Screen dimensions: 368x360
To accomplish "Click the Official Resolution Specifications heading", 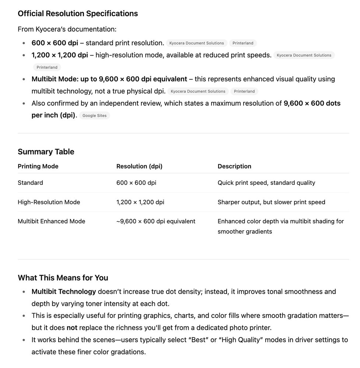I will tap(78, 14).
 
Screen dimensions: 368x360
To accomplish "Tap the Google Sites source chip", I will tap(94, 116).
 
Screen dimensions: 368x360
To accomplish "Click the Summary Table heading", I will tap(46, 152).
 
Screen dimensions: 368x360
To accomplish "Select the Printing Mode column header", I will tap(38, 166).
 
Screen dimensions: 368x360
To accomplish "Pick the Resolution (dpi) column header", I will tap(139, 166).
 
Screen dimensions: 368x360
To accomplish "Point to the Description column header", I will tap(234, 166).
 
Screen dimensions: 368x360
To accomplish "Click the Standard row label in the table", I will tap(30, 183).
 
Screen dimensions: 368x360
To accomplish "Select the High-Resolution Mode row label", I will tap(49, 202).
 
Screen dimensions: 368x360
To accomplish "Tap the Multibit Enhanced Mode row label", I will tap(51, 221).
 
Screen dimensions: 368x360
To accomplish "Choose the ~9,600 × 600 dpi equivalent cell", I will tap(156, 221).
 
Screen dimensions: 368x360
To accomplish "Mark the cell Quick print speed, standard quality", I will tap(266, 183).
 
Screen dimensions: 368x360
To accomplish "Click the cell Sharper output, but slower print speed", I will tap(271, 202).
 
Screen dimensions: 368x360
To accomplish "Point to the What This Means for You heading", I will tap(63, 277).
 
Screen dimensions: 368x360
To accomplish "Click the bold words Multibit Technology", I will tap(64, 292).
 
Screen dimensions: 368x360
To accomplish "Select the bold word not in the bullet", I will tap(72, 328).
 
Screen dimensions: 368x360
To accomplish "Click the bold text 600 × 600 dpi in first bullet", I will tap(55, 43).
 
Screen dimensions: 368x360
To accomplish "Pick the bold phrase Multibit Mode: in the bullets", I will tap(55, 79).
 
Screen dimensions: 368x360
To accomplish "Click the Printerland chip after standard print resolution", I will tap(243, 43).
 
